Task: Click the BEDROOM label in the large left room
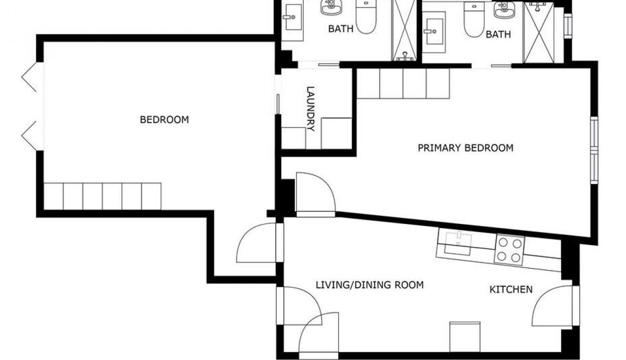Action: point(164,119)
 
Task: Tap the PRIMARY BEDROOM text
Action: point(466,147)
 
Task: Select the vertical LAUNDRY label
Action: point(310,109)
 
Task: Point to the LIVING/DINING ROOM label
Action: point(370,285)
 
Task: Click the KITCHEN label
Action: point(511,289)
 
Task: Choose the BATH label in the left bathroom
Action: point(341,28)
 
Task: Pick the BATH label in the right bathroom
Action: point(498,34)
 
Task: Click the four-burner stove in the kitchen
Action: point(509,250)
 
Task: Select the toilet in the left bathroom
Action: point(366,17)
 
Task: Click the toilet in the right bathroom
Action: point(474,19)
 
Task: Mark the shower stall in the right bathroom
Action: point(539,32)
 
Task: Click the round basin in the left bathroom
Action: point(331,6)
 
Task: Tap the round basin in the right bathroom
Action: point(505,10)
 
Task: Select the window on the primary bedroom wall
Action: point(594,150)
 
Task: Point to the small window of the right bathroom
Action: point(568,25)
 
